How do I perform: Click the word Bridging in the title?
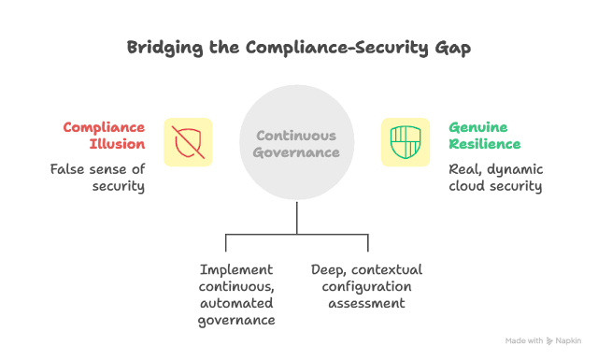pos(164,48)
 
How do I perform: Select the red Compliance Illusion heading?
pos(104,136)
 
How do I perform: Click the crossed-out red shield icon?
pos(188,142)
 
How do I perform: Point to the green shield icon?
pos(406,142)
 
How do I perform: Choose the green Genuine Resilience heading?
pos(485,136)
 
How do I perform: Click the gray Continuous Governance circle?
pos(297,142)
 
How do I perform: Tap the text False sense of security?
pos(97,178)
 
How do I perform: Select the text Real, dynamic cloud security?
pos(496,178)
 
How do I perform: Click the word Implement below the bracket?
pos(236,270)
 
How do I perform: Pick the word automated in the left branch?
pos(236,303)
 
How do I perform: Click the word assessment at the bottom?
pos(366,304)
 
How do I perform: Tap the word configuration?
pos(366,287)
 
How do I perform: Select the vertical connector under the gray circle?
pos(297,218)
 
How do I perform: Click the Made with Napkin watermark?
pos(543,341)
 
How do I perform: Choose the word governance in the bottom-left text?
pos(236,321)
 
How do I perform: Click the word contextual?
pos(387,270)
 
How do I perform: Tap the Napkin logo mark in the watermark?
pos(549,341)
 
